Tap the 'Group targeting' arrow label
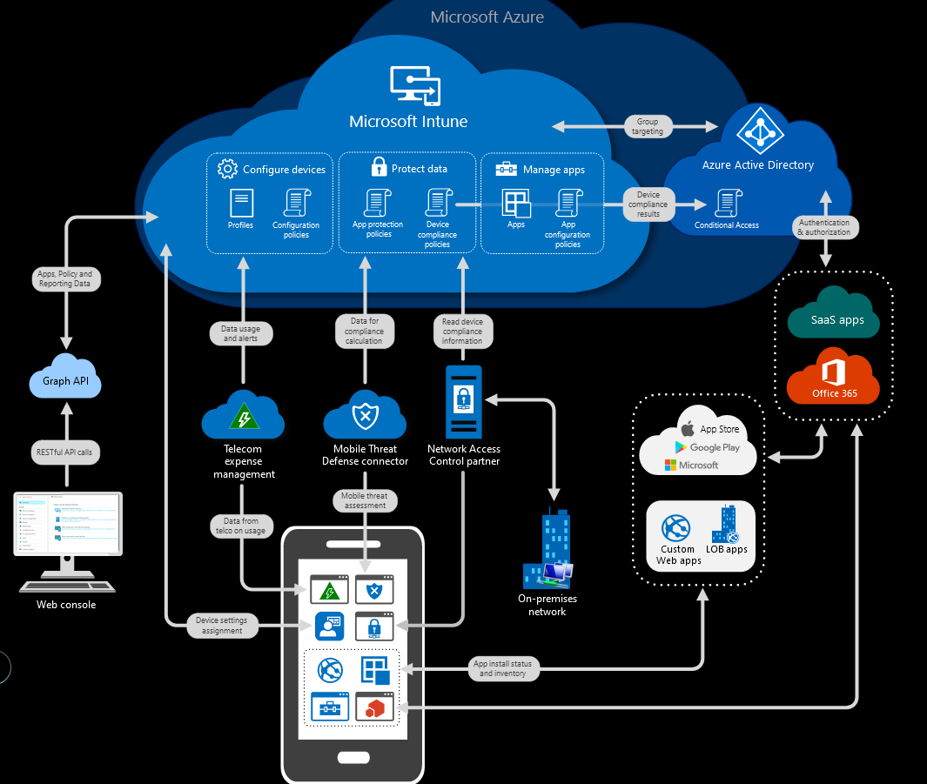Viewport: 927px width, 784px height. (647, 126)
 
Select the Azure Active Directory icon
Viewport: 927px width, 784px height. (758, 130)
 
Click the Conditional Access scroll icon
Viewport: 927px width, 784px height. (727, 203)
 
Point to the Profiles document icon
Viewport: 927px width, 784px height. (241, 203)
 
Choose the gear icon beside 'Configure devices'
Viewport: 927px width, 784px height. (227, 169)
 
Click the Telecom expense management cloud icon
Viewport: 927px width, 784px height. (243, 417)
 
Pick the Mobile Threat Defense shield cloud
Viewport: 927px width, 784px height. (364, 416)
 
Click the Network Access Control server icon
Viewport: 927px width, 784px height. (463, 401)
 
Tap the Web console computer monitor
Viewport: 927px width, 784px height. (67, 524)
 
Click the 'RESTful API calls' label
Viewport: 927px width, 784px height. (67, 452)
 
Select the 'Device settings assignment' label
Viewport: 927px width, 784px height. (222, 626)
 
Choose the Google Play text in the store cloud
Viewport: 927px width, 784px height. (714, 447)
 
